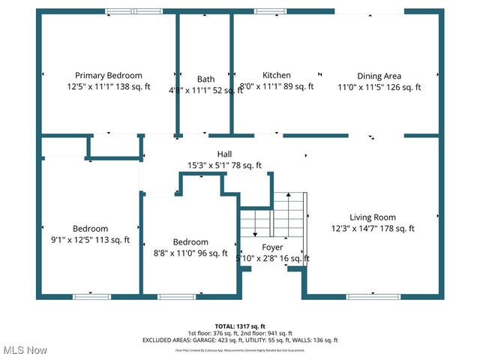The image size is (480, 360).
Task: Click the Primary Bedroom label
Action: click(109, 75)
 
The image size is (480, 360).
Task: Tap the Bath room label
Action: click(205, 79)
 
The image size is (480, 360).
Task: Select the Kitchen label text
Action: click(276, 75)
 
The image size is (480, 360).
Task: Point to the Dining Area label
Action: click(379, 76)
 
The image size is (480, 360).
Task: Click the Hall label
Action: click(224, 154)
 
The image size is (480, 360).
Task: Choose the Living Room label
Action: click(372, 217)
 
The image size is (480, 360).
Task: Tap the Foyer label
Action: click(272, 247)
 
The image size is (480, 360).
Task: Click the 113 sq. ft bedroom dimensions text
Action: click(90, 241)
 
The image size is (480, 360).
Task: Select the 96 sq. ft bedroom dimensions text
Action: click(190, 253)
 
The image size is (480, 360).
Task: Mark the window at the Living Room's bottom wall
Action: click(373, 296)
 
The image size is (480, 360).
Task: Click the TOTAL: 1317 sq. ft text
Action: click(240, 326)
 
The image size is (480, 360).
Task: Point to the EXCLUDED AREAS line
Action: click(240, 340)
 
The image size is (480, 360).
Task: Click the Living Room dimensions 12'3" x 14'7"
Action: click(372, 229)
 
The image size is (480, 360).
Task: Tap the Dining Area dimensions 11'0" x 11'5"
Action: click(379, 87)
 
